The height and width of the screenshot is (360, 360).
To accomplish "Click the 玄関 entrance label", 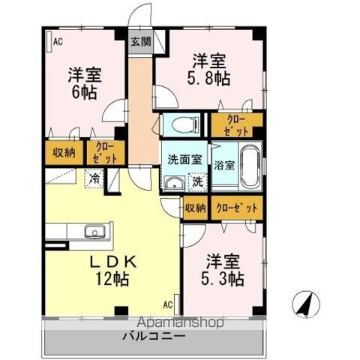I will point(140,42).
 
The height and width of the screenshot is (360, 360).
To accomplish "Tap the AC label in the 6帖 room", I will point(57,42).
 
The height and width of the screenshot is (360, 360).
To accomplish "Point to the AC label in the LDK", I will point(168,304).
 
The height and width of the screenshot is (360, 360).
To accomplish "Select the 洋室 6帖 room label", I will point(85,82).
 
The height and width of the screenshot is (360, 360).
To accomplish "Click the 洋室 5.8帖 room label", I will point(208,68).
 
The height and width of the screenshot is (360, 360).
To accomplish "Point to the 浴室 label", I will point(223,164).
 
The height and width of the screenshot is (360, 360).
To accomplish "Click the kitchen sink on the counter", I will point(93,229).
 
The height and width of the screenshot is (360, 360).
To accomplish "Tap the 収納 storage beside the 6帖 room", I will point(64,153).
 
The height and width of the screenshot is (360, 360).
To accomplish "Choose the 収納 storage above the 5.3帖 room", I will point(196,208).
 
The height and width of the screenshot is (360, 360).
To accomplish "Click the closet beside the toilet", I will point(236,124).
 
